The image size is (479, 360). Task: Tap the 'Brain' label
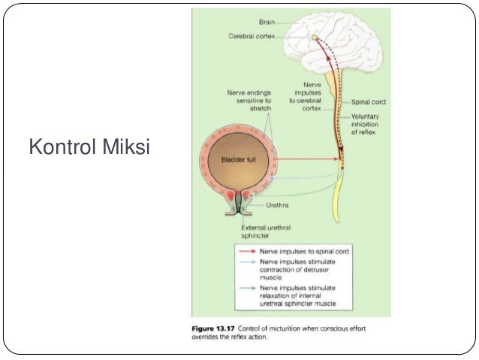point(268,23)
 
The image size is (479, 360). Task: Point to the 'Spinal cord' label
point(369,101)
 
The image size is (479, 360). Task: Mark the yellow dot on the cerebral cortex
point(315,36)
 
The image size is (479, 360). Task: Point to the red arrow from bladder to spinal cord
point(308,159)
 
